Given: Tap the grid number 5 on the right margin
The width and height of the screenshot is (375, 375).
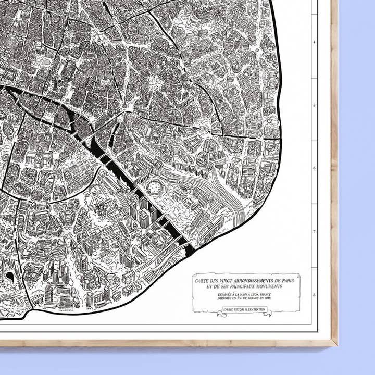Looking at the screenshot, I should click(x=314, y=105).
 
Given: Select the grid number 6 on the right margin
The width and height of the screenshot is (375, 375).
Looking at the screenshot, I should click(x=314, y=168).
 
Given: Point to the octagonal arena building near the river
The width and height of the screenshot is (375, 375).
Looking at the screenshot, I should click(x=154, y=186).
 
